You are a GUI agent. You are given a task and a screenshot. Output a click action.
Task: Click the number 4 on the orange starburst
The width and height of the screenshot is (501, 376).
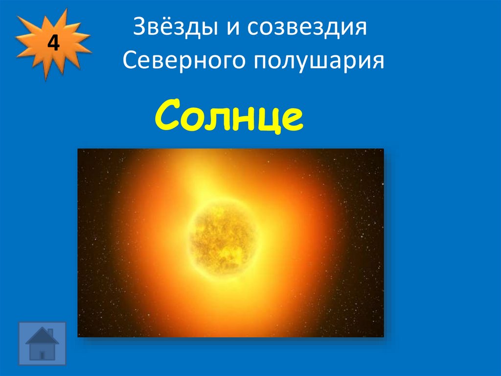[53, 44]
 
